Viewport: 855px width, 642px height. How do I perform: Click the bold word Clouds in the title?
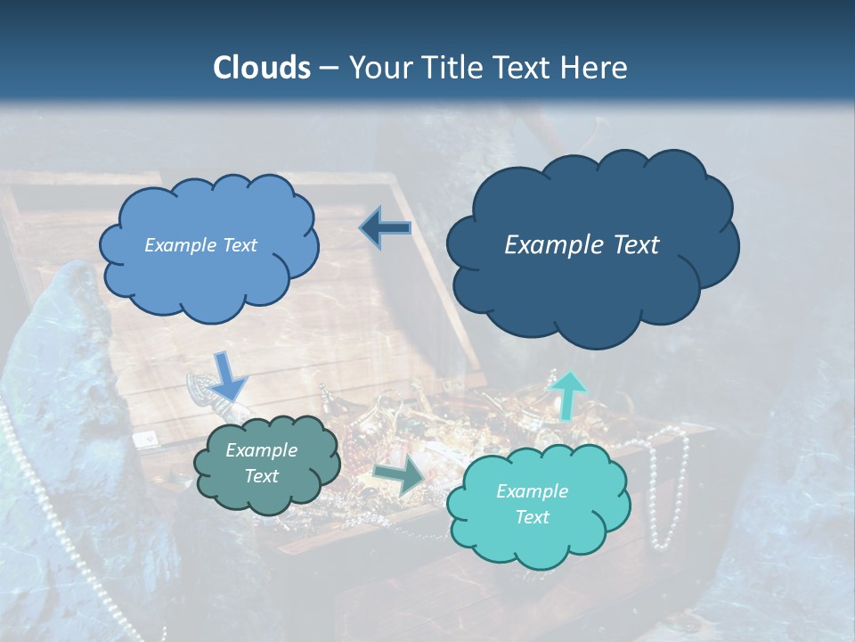(x=261, y=68)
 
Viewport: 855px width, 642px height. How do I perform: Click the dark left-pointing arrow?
(x=386, y=228)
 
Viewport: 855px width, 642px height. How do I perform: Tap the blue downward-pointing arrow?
(x=229, y=375)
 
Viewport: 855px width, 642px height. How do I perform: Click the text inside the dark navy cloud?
(x=582, y=245)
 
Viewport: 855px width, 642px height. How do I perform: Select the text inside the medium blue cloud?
(x=200, y=245)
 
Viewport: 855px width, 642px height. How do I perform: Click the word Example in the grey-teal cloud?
(x=262, y=450)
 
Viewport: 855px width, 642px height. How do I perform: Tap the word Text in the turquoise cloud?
(x=532, y=517)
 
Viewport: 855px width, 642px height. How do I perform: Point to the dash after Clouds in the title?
(x=328, y=68)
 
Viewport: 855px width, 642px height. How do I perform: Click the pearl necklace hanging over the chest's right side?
(x=666, y=490)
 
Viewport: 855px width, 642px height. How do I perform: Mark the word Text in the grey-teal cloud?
(x=262, y=476)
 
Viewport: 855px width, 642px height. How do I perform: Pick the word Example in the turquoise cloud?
(x=532, y=491)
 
